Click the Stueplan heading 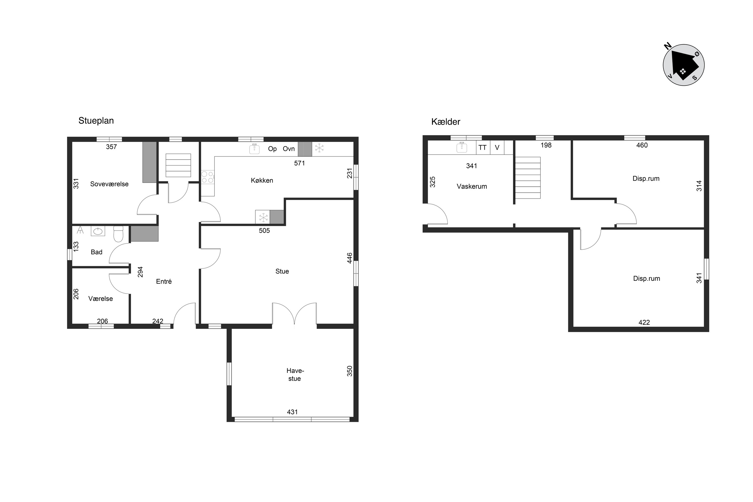(x=96, y=121)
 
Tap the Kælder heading (x=446, y=122)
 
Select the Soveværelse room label (x=109, y=184)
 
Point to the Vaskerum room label (x=472, y=186)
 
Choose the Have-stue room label (x=295, y=375)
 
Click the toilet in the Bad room (x=118, y=234)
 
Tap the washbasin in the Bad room (x=98, y=231)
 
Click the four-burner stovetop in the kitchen (x=208, y=177)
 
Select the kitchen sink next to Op (x=254, y=149)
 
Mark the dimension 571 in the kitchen (x=299, y=163)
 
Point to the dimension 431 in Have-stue (x=292, y=412)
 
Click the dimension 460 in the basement (x=642, y=145)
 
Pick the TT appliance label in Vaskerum (x=482, y=148)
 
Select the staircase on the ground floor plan (x=178, y=165)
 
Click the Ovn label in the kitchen (x=289, y=149)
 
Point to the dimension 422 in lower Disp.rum (x=644, y=322)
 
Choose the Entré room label (x=164, y=281)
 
